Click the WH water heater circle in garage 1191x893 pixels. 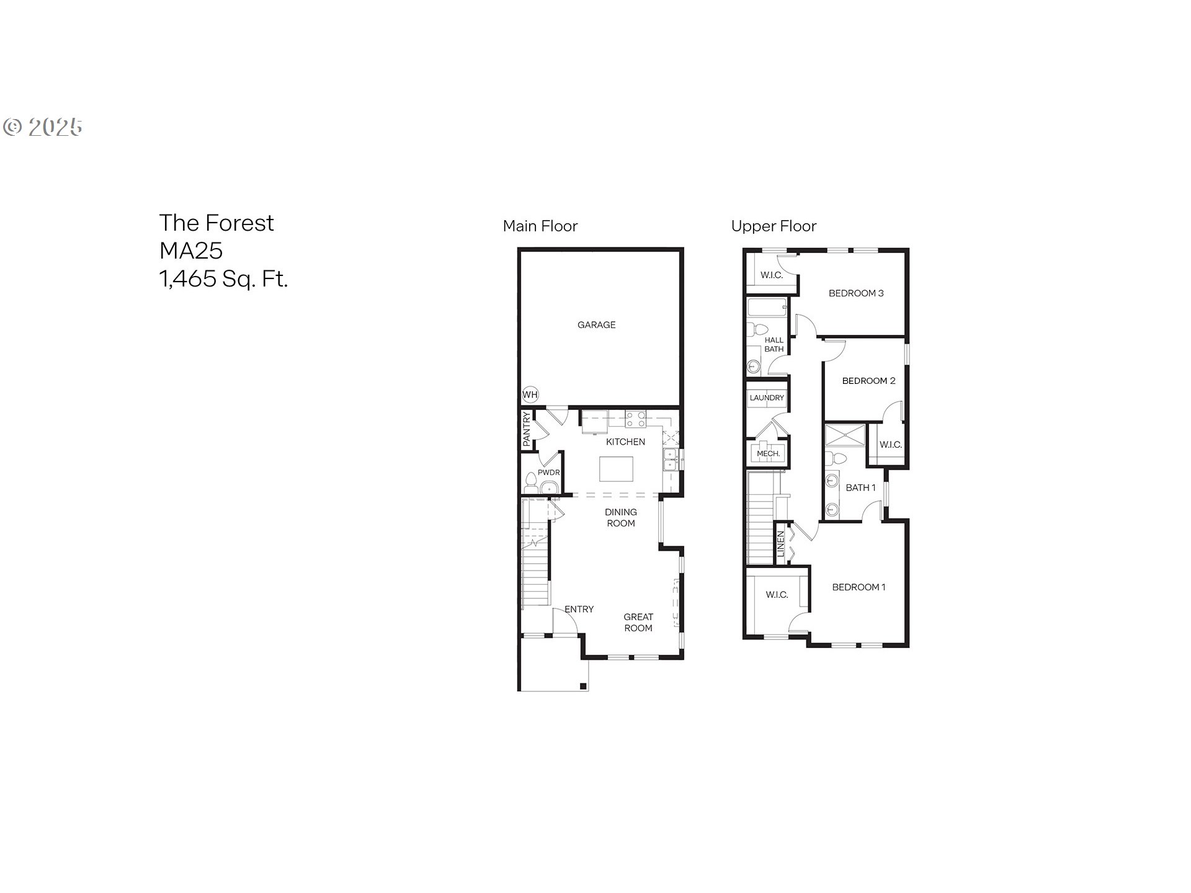(530, 394)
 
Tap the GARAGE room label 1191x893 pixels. (597, 325)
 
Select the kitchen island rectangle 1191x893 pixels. (616, 469)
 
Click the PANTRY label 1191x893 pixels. (527, 429)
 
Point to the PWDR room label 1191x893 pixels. (549, 473)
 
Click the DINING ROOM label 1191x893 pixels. (621, 518)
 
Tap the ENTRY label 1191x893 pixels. (579, 610)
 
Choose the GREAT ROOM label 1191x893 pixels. (638, 623)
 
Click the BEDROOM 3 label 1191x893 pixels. (856, 293)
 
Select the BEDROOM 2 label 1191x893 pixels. (868, 381)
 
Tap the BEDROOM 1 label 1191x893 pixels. (859, 587)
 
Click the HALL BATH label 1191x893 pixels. (774, 345)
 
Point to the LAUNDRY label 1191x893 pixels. (767, 398)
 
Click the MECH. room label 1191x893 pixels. (768, 454)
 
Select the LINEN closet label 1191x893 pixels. (781, 543)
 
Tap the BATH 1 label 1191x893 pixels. (861, 488)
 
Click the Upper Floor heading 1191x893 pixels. (774, 226)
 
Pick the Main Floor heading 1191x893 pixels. (540, 226)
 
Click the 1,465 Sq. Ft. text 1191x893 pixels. (224, 279)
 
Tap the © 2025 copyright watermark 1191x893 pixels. (43, 127)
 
